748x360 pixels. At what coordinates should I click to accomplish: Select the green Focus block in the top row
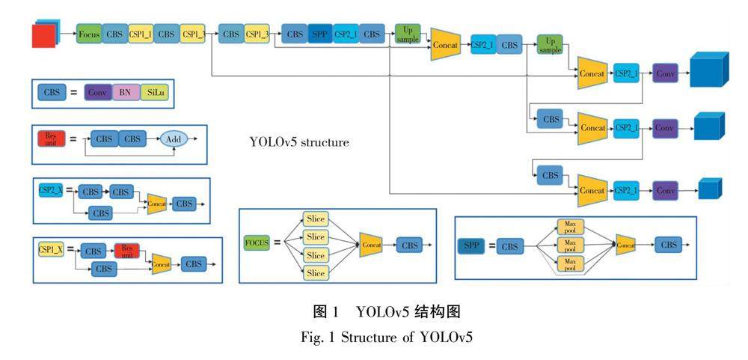click(x=89, y=34)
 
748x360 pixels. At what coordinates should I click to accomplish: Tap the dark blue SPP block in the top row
click(x=319, y=34)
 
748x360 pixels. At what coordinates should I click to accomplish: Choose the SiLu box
click(x=154, y=93)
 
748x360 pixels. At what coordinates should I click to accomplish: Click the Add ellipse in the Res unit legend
click(x=173, y=139)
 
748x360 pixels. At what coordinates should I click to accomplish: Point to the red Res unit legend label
click(x=51, y=138)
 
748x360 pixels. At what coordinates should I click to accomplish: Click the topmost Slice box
click(x=316, y=219)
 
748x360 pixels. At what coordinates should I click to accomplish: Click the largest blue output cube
click(x=708, y=73)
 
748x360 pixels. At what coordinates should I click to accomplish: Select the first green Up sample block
click(x=408, y=34)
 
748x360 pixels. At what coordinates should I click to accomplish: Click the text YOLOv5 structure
click(x=299, y=141)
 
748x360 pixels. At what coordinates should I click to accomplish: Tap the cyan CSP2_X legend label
click(x=51, y=191)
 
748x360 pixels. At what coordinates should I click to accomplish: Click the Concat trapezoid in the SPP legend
click(x=627, y=245)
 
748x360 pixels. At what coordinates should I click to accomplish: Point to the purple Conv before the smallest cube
click(x=665, y=191)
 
